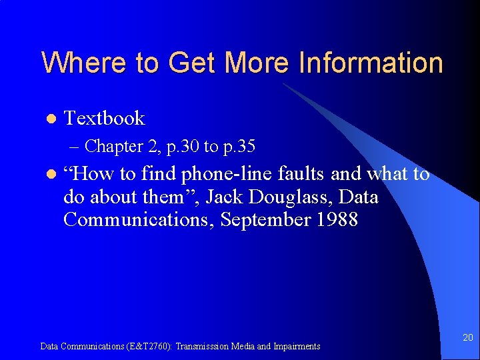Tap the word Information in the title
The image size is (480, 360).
(x=371, y=63)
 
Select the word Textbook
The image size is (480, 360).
(x=104, y=118)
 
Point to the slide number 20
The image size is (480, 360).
(x=468, y=339)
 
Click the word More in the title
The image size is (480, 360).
(x=256, y=63)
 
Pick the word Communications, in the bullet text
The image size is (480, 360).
(x=137, y=220)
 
